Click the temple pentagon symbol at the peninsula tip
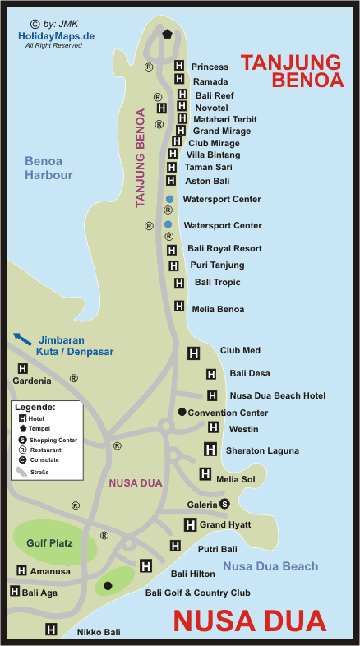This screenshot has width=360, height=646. [168, 35]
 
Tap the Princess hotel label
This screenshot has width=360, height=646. [210, 67]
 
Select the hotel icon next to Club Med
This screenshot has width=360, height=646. [194, 353]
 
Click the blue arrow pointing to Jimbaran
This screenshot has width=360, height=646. [23, 338]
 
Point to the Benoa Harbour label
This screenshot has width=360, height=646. [48, 168]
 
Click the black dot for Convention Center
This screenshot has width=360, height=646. [182, 412]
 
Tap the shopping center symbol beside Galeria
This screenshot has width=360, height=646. [224, 504]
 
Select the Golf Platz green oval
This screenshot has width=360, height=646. [49, 542]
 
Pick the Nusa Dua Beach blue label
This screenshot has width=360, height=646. [270, 566]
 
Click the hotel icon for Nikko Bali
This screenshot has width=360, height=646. [51, 630]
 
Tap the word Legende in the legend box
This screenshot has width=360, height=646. [35, 407]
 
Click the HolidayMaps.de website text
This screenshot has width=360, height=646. [53, 36]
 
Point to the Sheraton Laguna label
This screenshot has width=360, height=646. [262, 450]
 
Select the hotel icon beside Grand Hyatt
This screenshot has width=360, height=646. [190, 524]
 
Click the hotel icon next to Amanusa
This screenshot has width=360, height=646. [21, 570]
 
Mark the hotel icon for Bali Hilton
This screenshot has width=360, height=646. [146, 565]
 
